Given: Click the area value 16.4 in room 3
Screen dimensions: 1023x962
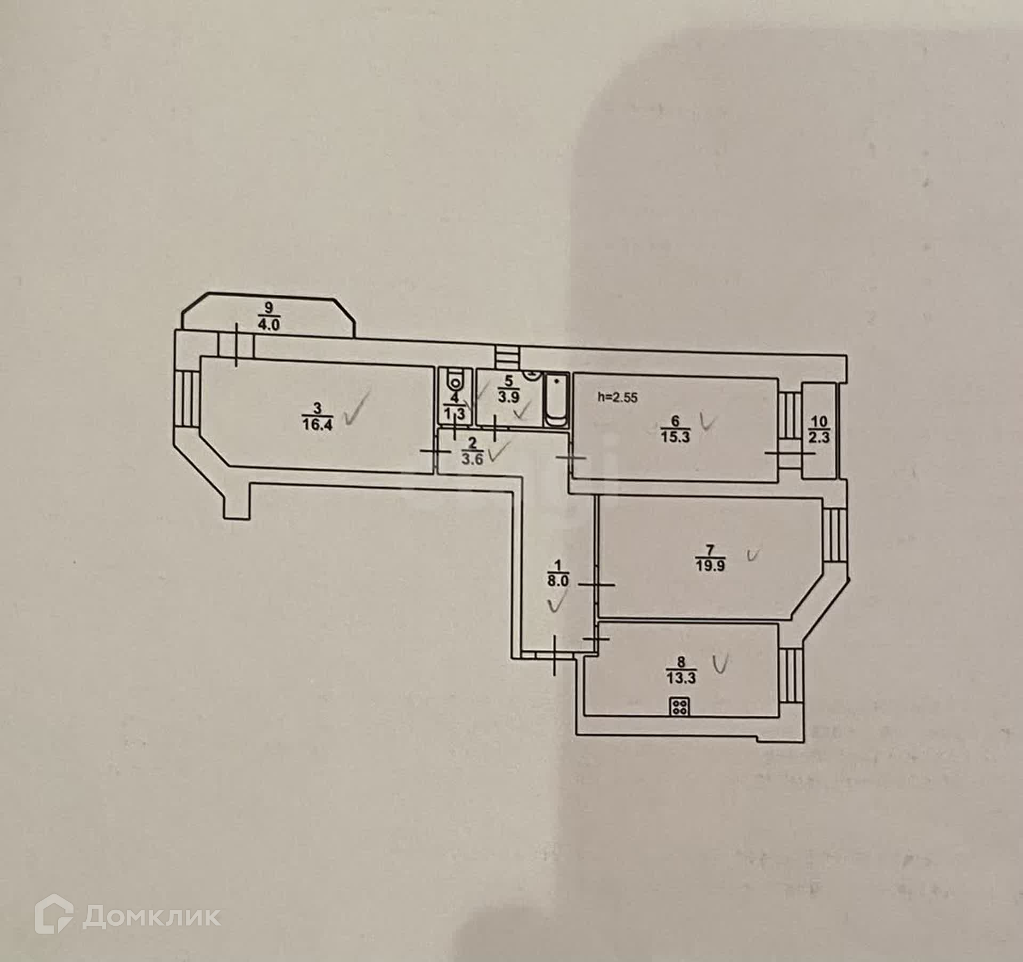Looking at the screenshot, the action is point(316,426).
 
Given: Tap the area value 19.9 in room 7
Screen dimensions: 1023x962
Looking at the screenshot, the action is point(710,565).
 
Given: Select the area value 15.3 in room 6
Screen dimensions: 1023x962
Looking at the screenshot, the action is point(675,437).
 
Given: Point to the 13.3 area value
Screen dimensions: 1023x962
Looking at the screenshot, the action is point(681,678).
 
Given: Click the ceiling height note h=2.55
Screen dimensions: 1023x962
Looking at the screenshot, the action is point(618,397).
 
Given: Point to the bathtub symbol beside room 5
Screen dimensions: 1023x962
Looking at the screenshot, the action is point(556,400).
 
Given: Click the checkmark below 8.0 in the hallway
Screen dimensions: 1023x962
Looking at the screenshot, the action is point(557,605).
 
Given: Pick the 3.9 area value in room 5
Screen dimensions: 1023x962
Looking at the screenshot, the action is point(509,398).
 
